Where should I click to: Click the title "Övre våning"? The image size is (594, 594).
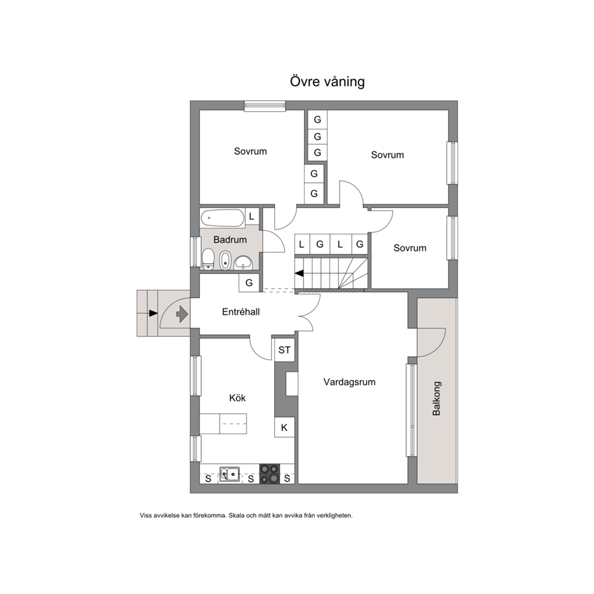click(328, 81)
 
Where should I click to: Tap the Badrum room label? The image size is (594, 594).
click(230, 240)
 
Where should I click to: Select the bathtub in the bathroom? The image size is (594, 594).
click(222, 218)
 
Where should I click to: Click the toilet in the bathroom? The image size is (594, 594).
click(208, 259)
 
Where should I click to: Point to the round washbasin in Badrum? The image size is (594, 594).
click(243, 262)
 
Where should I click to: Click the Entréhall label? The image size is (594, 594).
click(241, 312)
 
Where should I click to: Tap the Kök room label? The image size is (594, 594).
click(238, 398)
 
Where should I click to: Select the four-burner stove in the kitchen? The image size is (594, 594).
click(269, 474)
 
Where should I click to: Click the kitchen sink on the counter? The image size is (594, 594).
click(229, 474)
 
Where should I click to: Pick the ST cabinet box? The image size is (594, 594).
click(284, 350)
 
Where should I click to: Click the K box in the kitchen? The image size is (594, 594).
click(284, 428)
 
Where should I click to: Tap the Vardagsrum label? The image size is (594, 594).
click(349, 382)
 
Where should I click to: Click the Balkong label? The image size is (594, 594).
click(437, 399)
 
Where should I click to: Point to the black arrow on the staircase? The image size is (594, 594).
click(299, 273)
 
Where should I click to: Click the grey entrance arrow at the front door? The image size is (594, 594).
click(182, 314)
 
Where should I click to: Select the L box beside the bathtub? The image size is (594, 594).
click(251, 217)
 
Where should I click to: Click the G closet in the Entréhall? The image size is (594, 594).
click(249, 283)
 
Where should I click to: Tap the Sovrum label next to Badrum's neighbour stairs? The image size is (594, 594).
click(410, 248)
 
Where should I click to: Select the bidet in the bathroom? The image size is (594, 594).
click(225, 260)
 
